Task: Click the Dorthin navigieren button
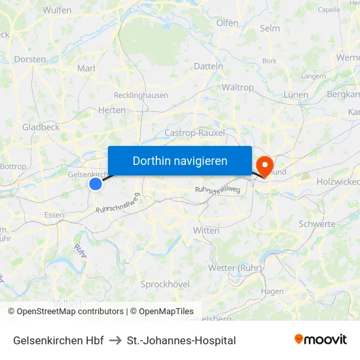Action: click(180, 160)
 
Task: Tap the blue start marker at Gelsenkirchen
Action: click(96, 184)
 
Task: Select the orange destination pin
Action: click(265, 165)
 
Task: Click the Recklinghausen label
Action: click(141, 95)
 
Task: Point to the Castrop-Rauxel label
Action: click(194, 133)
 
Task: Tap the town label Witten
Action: click(206, 230)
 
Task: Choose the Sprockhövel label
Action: click(165, 284)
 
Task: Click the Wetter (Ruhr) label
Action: click(235, 268)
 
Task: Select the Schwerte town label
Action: click(317, 224)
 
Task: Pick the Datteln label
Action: click(209, 66)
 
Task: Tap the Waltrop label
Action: click(238, 87)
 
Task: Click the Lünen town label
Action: click(296, 95)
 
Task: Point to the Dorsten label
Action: click(30, 59)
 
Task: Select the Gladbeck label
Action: click(41, 127)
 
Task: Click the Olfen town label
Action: click(227, 23)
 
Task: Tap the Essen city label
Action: click(54, 215)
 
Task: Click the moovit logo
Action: click(321, 339)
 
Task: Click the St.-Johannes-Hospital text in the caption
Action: click(181, 340)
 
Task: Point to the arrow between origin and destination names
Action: click(115, 340)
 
